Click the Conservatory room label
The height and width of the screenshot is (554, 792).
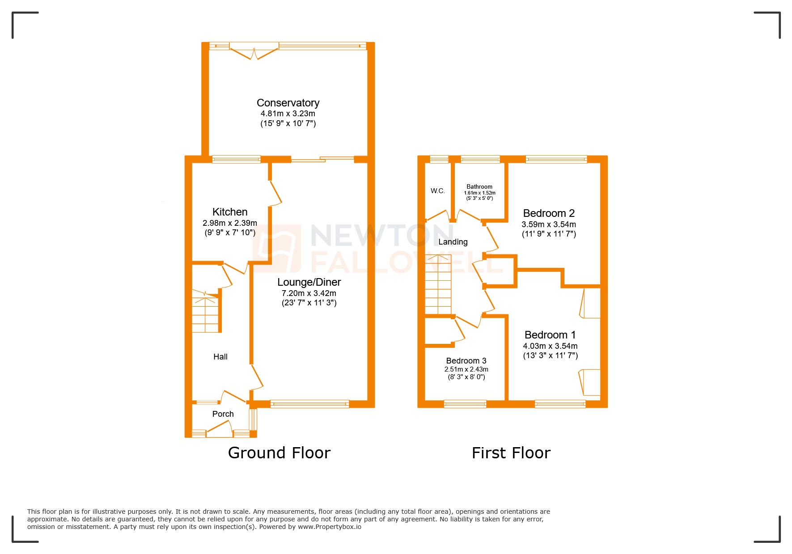(x=288, y=103)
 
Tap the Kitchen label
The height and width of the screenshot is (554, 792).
(x=230, y=212)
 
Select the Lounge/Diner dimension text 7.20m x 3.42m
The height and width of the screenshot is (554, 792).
(x=309, y=293)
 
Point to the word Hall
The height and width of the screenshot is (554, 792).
(x=220, y=357)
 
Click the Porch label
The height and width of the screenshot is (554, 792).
(x=223, y=414)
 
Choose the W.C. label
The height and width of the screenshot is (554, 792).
(x=437, y=191)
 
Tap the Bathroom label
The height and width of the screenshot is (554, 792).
(x=479, y=186)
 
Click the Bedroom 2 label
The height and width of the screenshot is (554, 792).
(x=549, y=213)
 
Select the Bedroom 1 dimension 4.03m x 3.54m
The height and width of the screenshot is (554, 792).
(x=550, y=346)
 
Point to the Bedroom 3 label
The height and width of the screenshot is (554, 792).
(x=466, y=361)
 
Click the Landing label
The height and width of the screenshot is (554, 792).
(x=453, y=242)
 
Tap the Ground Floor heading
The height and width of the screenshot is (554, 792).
(x=279, y=453)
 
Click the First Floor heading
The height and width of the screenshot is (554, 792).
(x=511, y=453)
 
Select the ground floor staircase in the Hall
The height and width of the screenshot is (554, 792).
(x=205, y=312)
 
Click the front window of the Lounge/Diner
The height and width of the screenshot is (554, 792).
(x=309, y=404)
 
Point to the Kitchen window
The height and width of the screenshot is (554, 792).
(x=236, y=159)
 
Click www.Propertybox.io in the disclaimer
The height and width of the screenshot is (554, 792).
(x=329, y=527)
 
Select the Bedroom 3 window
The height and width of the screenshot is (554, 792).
(x=465, y=404)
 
